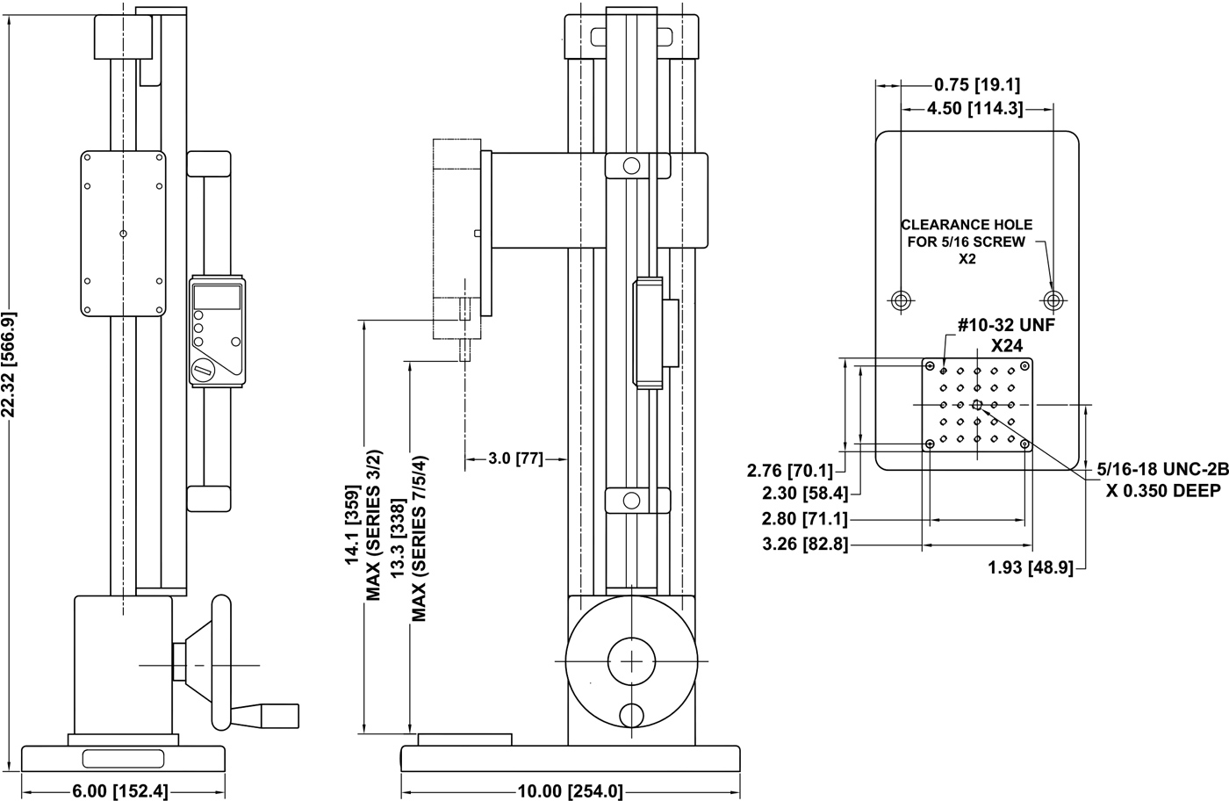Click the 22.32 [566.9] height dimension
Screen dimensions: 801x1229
point(11,364)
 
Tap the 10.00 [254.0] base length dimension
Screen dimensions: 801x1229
point(570,790)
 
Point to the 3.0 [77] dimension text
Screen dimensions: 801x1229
point(516,458)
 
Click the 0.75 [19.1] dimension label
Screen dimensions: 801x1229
point(974,85)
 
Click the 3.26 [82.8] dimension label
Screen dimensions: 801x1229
point(805,544)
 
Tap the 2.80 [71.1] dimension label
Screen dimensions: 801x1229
point(805,519)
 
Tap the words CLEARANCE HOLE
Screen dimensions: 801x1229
point(967,225)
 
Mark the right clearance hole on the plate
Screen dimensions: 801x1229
point(1053,299)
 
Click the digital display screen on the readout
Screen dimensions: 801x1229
point(217,296)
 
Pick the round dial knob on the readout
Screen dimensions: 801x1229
point(204,369)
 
